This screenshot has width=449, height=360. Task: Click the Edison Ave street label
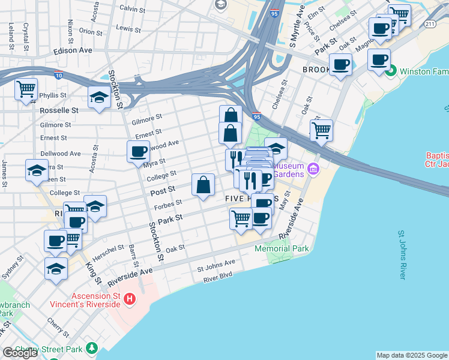coord(73,50)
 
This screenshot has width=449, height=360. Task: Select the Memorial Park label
coord(281,248)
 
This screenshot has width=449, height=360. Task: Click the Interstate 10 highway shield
coord(58,74)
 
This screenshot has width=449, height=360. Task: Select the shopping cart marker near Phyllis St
coord(26,90)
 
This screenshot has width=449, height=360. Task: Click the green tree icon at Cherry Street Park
coord(91,348)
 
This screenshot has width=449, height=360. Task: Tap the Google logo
coord(20,353)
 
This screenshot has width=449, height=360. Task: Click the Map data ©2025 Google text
coord(412,355)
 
